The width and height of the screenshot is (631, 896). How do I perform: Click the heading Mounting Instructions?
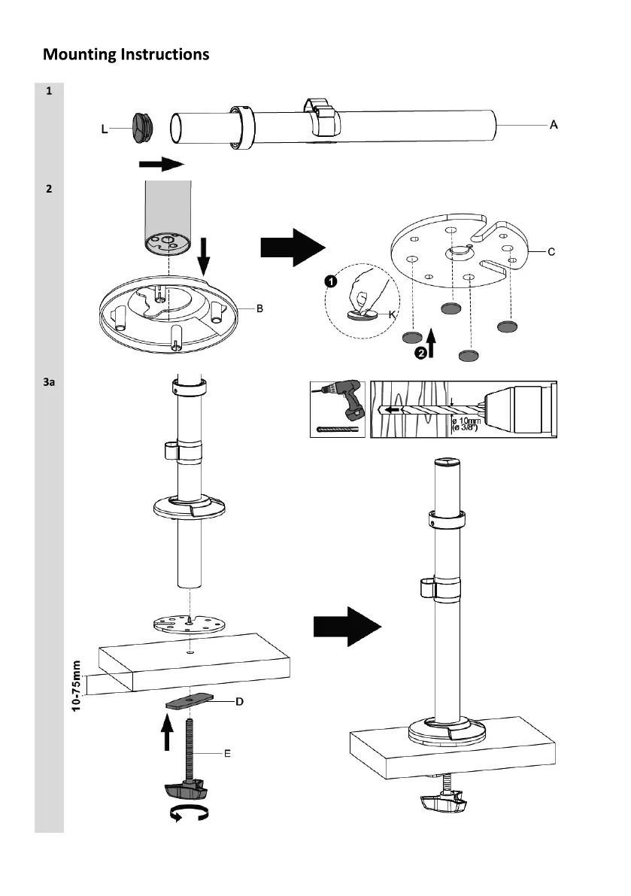coord(126,54)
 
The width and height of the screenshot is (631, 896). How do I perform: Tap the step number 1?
coord(49,92)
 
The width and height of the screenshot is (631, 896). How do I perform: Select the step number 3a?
coord(49,382)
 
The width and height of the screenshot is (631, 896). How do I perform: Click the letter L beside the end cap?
coord(105,129)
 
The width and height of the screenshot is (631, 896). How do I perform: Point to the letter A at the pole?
coord(554,125)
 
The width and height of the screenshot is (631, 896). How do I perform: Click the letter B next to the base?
coord(259,308)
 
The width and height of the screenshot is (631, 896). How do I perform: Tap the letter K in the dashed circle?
coord(392,315)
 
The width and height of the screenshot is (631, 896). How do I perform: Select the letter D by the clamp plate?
coord(239,702)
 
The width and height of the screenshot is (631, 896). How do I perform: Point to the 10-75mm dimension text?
coord(76,688)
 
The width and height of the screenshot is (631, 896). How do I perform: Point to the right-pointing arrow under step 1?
coord(160,164)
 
